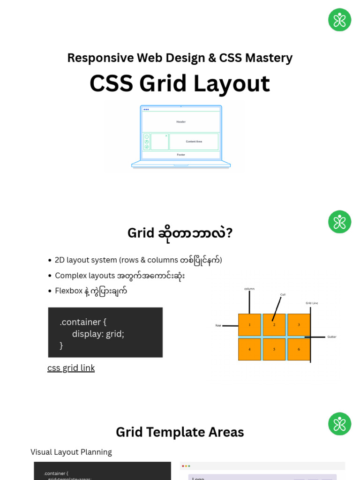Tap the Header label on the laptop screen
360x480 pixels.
pos(181,122)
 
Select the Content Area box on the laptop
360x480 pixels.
pos(194,142)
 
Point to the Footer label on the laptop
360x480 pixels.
pos(181,155)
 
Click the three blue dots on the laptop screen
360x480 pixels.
pos(146,109)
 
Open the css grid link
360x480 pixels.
pos(71,368)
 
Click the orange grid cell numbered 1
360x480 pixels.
pos(249,325)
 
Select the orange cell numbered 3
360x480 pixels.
pos(299,325)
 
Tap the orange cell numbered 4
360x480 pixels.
pos(249,349)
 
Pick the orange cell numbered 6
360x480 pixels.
pos(299,349)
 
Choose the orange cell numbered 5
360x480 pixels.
pos(274,349)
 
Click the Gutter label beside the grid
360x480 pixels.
pos(332,337)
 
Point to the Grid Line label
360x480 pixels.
pos(312,303)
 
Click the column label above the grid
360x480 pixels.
pos(249,289)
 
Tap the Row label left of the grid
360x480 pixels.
pos(218,325)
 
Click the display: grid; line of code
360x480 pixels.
pos(98,334)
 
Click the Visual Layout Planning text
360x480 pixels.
pos(71,452)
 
